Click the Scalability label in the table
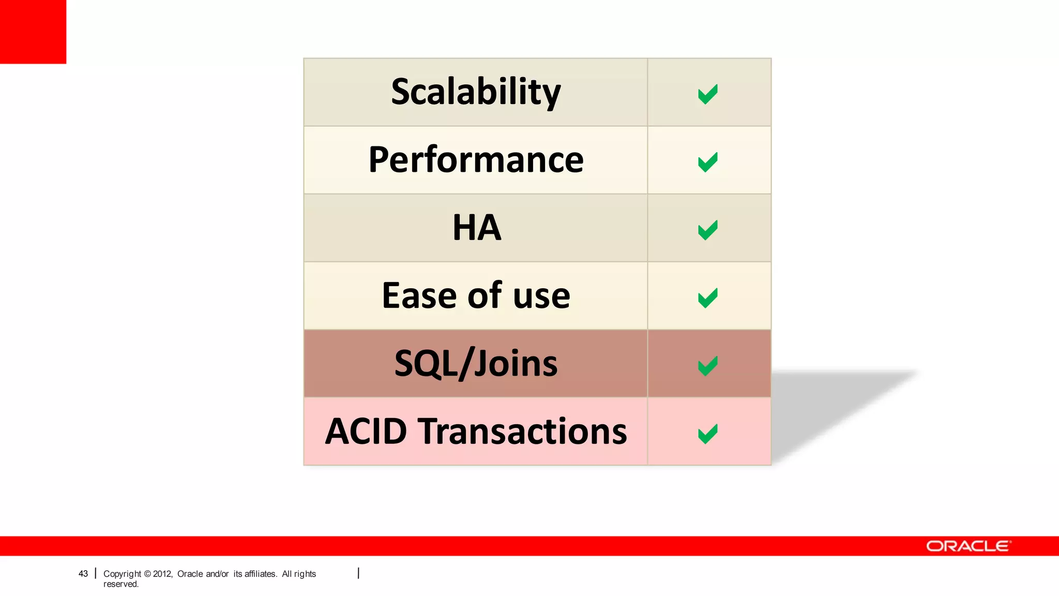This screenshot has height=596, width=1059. click(x=476, y=92)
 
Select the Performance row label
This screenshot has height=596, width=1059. click(x=476, y=160)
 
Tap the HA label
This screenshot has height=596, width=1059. click(x=477, y=228)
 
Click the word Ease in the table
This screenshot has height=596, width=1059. click(x=419, y=295)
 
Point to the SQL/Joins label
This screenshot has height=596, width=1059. click(x=476, y=363)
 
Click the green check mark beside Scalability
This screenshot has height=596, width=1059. click(x=707, y=94)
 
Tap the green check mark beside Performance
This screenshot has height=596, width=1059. click(x=707, y=162)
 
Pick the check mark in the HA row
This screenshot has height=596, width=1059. click(x=707, y=230)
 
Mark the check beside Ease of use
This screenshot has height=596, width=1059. click(x=707, y=298)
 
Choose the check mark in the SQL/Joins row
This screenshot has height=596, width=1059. click(x=707, y=366)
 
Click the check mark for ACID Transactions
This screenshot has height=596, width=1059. click(x=707, y=434)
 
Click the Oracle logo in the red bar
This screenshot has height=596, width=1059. click(x=968, y=546)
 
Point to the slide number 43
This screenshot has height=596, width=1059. click(x=83, y=574)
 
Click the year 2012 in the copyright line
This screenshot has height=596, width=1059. click(x=162, y=574)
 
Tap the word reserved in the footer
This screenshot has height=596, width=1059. click(x=120, y=584)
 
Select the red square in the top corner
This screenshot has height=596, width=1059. click(x=33, y=32)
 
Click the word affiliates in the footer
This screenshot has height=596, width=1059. click(x=260, y=574)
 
